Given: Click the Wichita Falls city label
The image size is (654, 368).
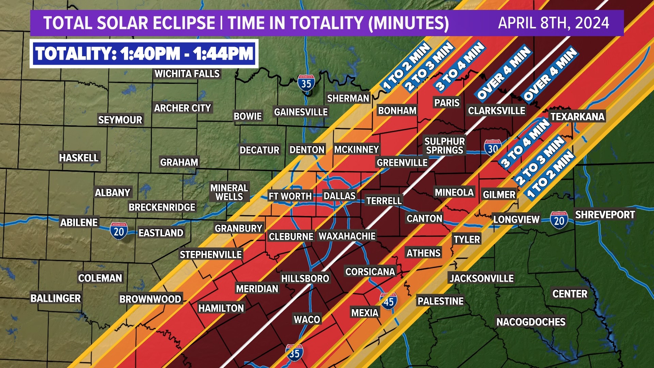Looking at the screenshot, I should (x=187, y=74).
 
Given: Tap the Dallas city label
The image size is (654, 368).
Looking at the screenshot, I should (x=339, y=196).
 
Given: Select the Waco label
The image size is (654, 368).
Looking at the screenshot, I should (x=307, y=319).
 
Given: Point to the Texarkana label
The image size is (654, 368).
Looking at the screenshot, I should (x=577, y=117).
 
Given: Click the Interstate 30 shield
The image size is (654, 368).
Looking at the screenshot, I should (x=493, y=148).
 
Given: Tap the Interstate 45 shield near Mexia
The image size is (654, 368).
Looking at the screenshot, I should (x=388, y=301).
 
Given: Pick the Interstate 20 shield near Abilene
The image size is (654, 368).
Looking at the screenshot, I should (x=119, y=231).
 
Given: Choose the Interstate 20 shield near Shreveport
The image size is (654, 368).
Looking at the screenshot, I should (x=559, y=220).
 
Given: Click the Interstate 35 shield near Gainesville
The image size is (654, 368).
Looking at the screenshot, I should (x=306, y=83).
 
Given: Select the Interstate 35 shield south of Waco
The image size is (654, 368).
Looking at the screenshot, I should (x=294, y=353).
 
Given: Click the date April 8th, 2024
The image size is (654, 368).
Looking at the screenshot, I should (x=554, y=23).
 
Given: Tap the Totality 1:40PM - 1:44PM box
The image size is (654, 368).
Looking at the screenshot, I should (x=144, y=54).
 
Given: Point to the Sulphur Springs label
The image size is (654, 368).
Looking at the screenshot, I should (x=445, y=145).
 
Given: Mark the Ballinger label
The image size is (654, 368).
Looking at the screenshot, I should (x=56, y=298).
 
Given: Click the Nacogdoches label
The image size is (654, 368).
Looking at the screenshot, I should (x=531, y=322).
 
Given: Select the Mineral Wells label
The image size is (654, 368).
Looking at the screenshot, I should (x=229, y=192).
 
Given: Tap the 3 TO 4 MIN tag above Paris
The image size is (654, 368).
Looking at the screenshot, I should (x=460, y=66).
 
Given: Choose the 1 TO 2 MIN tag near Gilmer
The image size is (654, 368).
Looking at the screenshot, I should (x=550, y=174).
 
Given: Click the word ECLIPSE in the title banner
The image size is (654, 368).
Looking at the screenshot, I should (x=183, y=23).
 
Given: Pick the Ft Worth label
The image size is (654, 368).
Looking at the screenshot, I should (x=290, y=196).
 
